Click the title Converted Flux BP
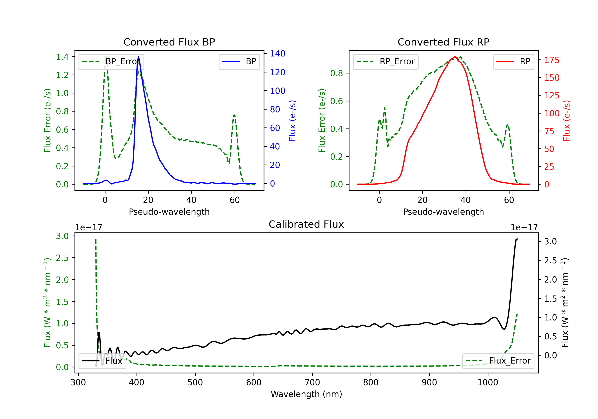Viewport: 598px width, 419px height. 169,42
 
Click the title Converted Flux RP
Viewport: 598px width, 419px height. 443,42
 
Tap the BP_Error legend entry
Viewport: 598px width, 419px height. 111,61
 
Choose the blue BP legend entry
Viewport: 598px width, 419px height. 239,61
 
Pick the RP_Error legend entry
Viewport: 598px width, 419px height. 386,61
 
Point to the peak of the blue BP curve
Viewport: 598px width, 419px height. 138,57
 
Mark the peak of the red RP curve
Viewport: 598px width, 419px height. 455,57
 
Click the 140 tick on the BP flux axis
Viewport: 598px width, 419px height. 278,53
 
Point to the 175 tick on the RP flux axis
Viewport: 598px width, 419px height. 552,60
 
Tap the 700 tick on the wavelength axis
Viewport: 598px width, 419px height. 312,382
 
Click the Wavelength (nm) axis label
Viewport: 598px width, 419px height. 306,394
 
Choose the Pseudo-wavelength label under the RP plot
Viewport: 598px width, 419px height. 443,212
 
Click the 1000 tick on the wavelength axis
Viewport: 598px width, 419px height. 488,382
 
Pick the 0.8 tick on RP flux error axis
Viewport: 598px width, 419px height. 336,73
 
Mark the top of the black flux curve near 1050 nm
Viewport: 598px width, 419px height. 517,239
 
